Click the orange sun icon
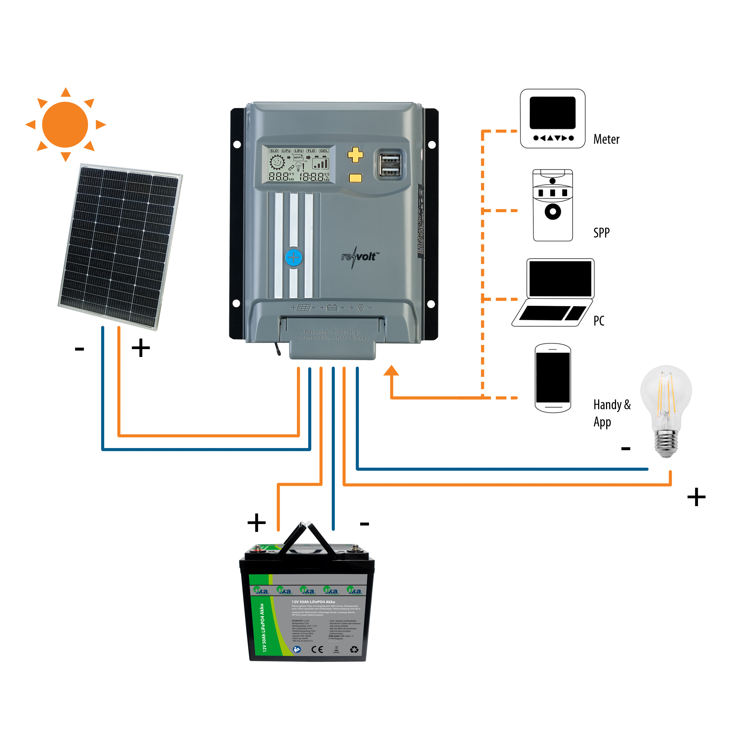pyautogui.click(x=66, y=125)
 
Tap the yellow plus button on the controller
pyautogui.click(x=355, y=155)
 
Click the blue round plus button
pyautogui.click(x=293, y=258)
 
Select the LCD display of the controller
pyautogui.click(x=299, y=164)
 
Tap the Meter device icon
pyautogui.click(x=552, y=118)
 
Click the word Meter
pyautogui.click(x=606, y=139)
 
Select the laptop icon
pyautogui.click(x=553, y=292)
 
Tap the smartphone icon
pyautogui.click(x=552, y=378)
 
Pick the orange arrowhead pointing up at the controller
pyautogui.click(x=391, y=371)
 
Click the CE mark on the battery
pyautogui.click(x=317, y=650)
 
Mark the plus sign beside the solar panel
pyautogui.click(x=141, y=348)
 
